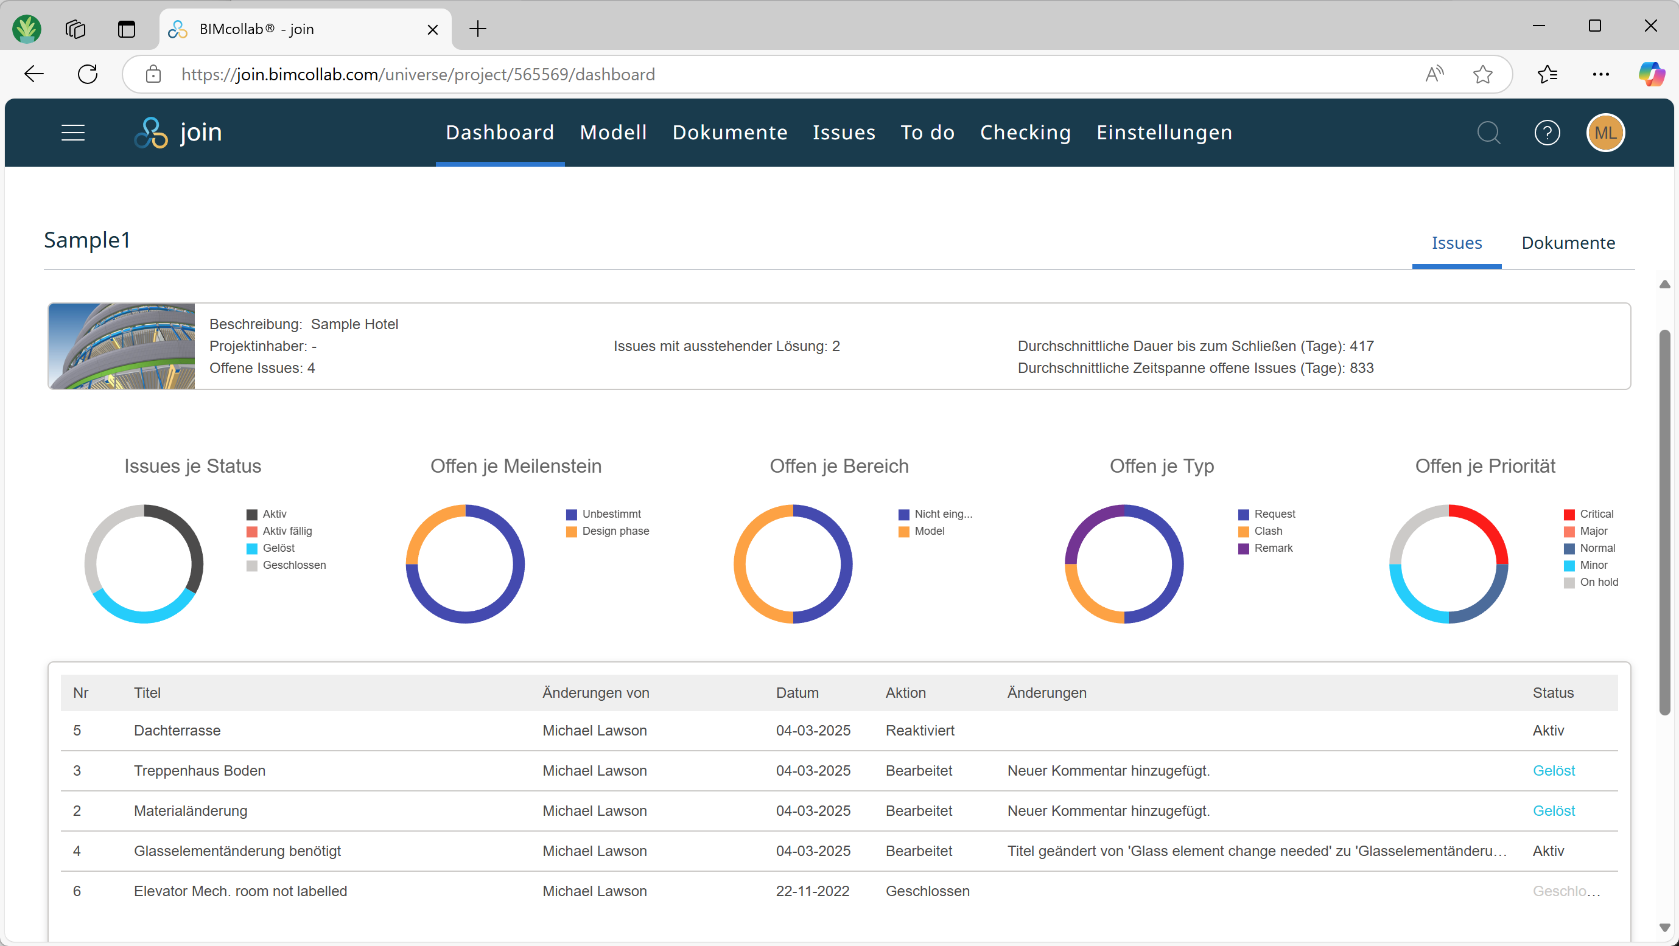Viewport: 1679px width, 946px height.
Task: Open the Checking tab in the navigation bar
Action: tap(1025, 132)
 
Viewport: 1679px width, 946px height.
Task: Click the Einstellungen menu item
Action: tap(1163, 132)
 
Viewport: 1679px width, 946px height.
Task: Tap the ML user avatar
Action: tap(1605, 133)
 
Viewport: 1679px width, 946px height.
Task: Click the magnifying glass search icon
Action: tap(1488, 133)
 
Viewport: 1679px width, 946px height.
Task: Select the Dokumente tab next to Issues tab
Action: tap(1568, 243)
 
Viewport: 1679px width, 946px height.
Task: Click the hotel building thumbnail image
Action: tap(122, 346)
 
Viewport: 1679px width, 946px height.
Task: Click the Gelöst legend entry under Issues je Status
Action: tap(278, 548)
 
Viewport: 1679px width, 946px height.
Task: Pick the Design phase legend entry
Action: tap(615, 531)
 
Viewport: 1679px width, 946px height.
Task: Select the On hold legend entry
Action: tap(1597, 582)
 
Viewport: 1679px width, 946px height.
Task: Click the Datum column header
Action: tap(796, 692)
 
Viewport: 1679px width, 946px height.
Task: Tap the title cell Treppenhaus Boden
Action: tap(200, 771)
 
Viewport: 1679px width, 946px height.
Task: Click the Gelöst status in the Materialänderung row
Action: tap(1553, 810)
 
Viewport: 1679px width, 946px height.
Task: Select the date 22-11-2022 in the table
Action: tap(812, 891)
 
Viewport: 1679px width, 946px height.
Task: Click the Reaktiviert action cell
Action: tap(919, 731)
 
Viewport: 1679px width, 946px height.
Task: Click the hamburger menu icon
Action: tap(73, 133)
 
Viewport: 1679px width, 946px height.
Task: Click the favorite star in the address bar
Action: tap(1482, 74)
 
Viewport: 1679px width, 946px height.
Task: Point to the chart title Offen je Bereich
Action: tap(838, 466)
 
